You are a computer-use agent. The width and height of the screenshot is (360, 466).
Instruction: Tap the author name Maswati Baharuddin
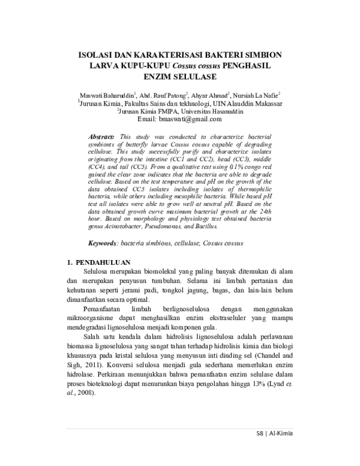click(x=108, y=95)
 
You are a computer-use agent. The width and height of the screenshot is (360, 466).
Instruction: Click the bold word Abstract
click(x=101, y=138)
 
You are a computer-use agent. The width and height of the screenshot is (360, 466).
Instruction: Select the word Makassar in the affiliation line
click(x=266, y=103)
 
